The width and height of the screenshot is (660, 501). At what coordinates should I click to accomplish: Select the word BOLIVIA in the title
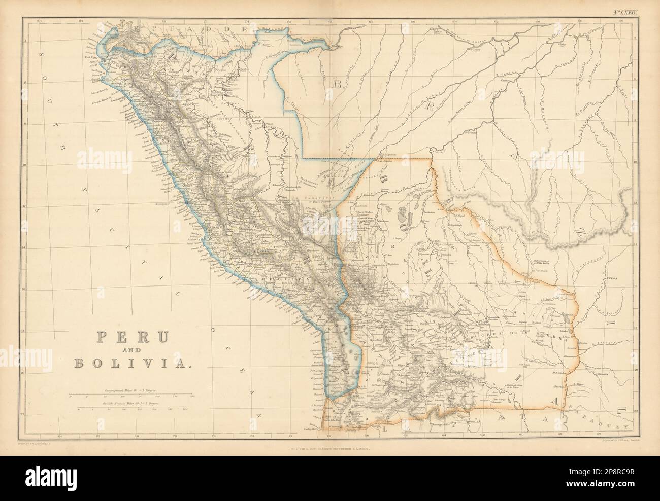click(x=133, y=362)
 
